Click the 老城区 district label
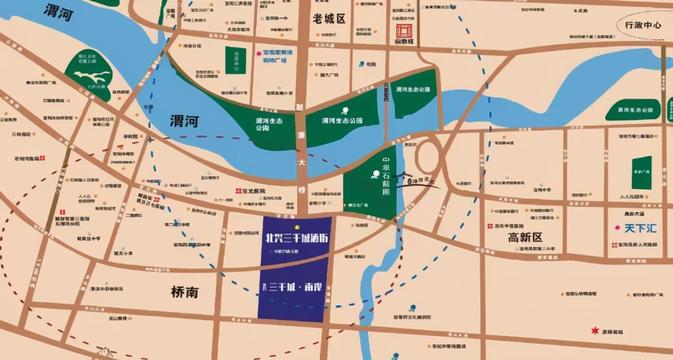329,19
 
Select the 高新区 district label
525,237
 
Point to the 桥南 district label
184,292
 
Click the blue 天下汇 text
641,229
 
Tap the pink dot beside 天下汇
617,229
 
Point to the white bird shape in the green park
92,77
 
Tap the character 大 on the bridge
302,163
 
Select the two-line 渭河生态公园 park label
268,124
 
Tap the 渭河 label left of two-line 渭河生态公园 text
184,121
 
